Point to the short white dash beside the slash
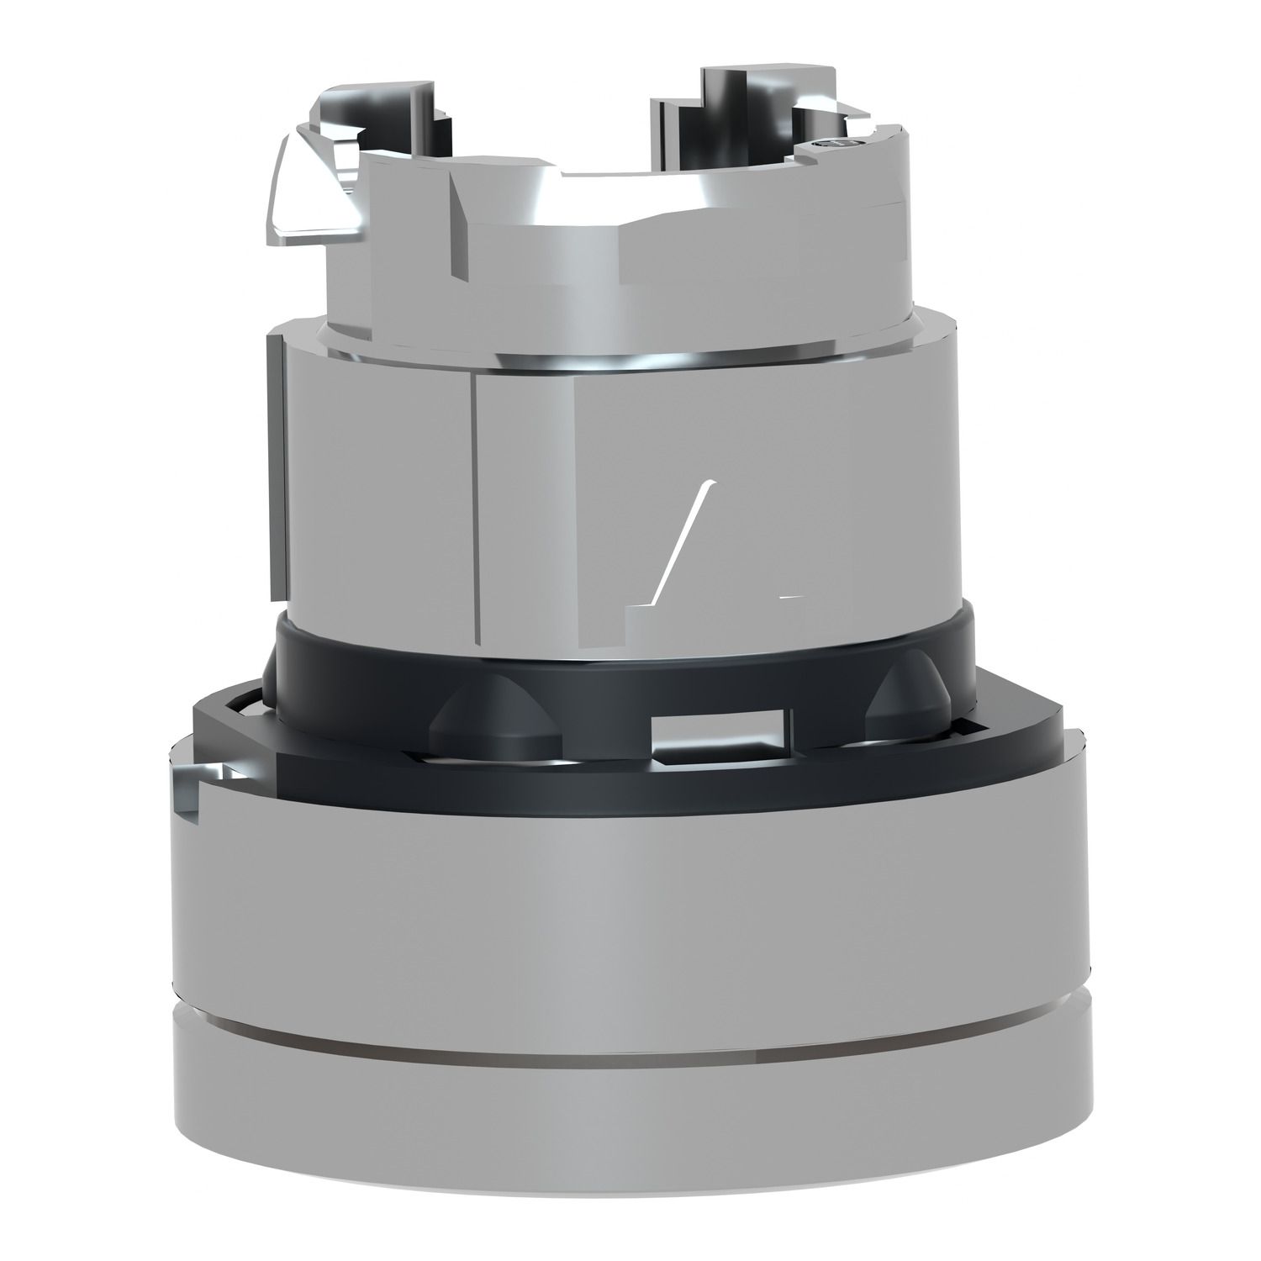point(790,596)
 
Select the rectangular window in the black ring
point(720,728)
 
